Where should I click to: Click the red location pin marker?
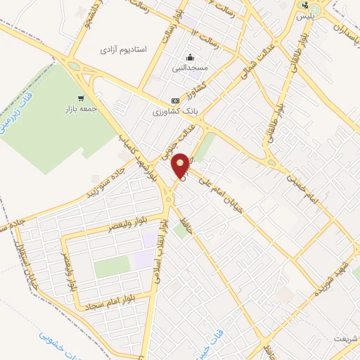click(x=181, y=164)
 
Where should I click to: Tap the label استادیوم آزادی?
click(x=122, y=50)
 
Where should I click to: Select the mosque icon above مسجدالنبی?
click(x=190, y=58)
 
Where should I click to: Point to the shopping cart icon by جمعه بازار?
click(x=82, y=98)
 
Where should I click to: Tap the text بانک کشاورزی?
click(x=176, y=112)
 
